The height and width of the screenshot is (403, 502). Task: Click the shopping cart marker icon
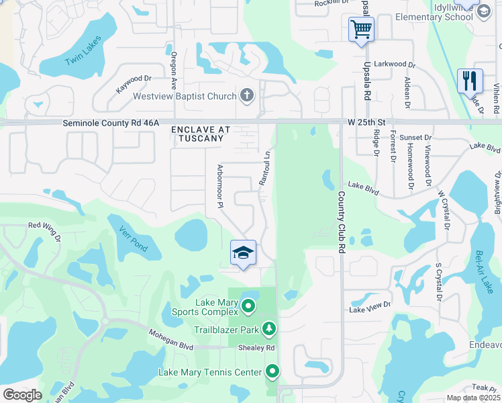point(361,30)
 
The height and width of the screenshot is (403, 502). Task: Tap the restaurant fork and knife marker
point(470,81)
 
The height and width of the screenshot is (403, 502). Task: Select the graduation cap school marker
point(243,253)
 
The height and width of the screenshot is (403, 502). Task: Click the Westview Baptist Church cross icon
point(247,96)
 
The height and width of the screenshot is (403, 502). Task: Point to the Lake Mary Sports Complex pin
point(248,307)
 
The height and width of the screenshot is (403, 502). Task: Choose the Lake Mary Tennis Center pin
point(272,371)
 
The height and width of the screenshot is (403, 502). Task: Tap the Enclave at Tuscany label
point(197,133)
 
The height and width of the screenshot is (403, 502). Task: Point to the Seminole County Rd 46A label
point(111,123)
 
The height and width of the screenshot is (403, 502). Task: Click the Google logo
point(22,395)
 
